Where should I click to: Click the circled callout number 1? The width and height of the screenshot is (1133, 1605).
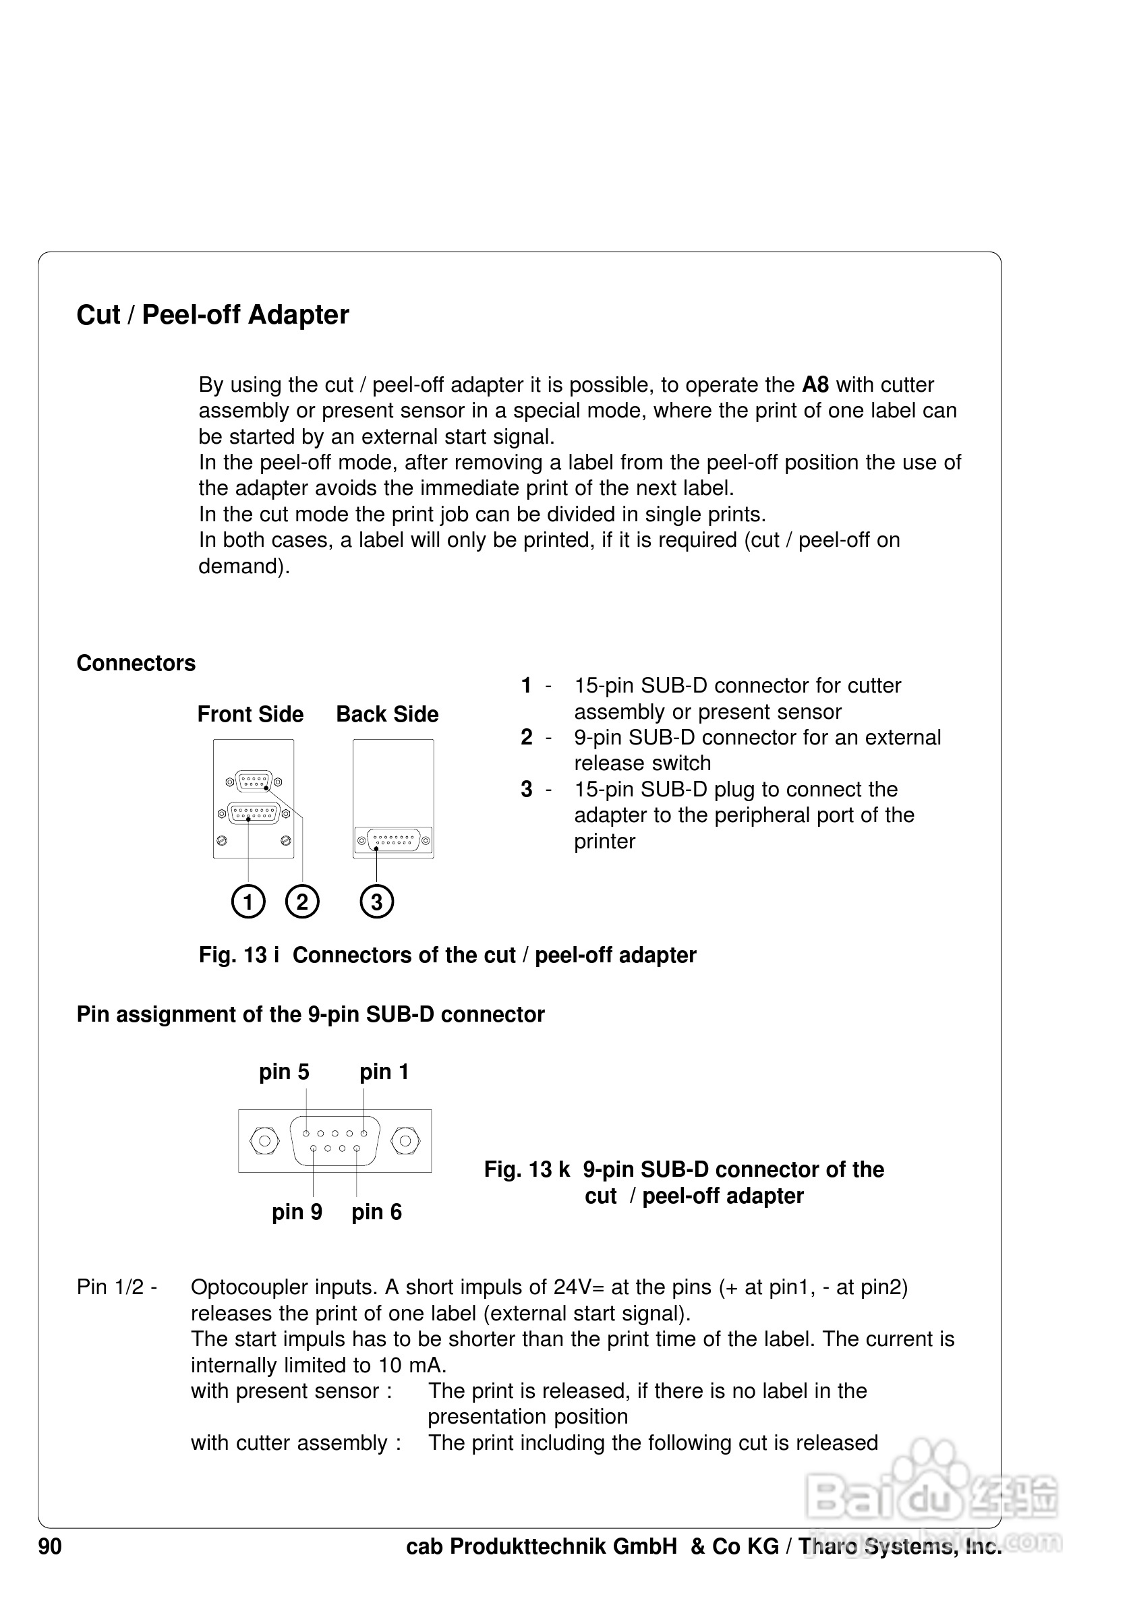248,901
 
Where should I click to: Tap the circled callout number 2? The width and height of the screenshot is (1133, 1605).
302,901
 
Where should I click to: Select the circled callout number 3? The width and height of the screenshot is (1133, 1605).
376,901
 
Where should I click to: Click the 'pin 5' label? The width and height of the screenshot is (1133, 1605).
284,1072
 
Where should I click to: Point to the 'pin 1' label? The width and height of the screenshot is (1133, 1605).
384,1072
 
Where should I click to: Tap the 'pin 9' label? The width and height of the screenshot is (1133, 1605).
296,1211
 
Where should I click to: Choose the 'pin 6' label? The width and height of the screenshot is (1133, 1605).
376,1211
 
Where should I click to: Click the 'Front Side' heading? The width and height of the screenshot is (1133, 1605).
250,714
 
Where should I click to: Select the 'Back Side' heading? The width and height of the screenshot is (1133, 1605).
387,714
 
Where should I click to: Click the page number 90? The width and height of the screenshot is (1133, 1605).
50,1546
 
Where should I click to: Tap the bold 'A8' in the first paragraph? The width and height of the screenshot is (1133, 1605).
815,385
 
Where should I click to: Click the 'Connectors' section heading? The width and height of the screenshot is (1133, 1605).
136,664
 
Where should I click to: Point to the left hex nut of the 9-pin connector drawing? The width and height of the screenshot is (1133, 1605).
264,1142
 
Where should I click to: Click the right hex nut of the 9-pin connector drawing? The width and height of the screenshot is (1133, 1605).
405,1142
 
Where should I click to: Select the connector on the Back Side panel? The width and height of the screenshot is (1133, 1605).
393,840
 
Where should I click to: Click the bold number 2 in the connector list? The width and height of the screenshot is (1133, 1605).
526,738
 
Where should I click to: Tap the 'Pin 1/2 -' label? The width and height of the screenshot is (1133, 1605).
117,1287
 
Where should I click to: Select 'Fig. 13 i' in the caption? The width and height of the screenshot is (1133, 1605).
238,955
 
